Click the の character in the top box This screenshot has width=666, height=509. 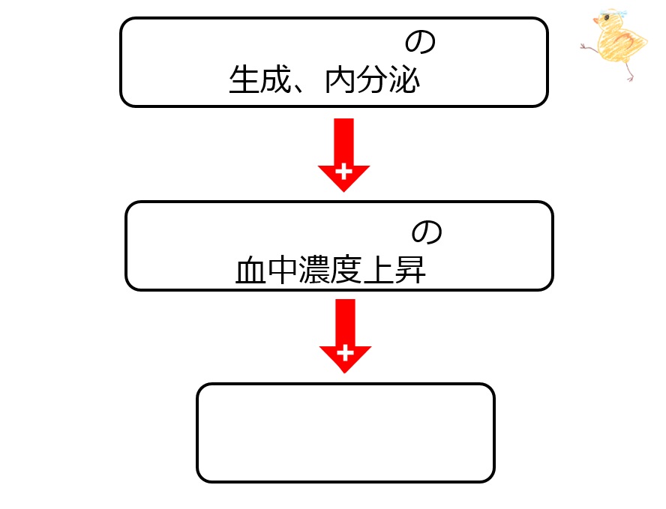click(x=420, y=42)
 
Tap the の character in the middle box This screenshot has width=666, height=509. click(x=427, y=232)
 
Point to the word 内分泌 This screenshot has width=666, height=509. click(x=372, y=79)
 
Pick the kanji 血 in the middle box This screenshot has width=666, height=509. click(x=250, y=270)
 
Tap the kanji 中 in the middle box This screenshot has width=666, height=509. click(x=283, y=270)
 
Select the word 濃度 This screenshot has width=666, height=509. click(x=330, y=270)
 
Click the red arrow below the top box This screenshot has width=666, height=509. click(x=343, y=154)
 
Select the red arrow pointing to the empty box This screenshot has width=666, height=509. click(x=345, y=336)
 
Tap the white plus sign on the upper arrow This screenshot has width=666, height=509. click(x=343, y=172)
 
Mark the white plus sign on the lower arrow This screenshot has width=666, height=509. click(x=345, y=353)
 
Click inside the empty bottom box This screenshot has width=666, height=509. click(x=346, y=433)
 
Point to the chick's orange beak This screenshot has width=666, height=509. click(x=596, y=20)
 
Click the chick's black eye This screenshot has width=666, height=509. click(x=607, y=17)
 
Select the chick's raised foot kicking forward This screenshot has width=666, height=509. click(x=586, y=46)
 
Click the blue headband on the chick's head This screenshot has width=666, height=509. click(x=614, y=12)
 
